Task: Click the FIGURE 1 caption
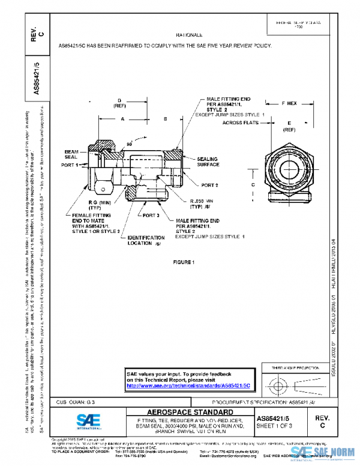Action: point(184,262)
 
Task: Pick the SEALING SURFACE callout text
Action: point(208,162)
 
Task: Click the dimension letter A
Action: point(122,120)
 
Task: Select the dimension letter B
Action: point(164,120)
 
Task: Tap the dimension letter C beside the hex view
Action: point(254,184)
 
